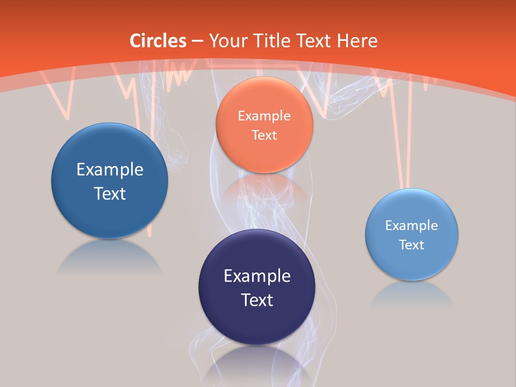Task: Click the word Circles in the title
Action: click(x=157, y=41)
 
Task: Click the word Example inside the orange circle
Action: click(x=264, y=116)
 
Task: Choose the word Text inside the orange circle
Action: click(x=264, y=135)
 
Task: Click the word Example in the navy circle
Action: click(x=257, y=276)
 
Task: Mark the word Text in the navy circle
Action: click(x=257, y=299)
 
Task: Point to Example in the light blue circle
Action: click(x=412, y=225)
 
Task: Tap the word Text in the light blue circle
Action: click(x=412, y=245)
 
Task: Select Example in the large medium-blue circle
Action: click(x=110, y=169)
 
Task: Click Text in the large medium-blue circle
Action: click(x=110, y=193)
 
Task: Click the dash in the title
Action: click(x=197, y=41)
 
